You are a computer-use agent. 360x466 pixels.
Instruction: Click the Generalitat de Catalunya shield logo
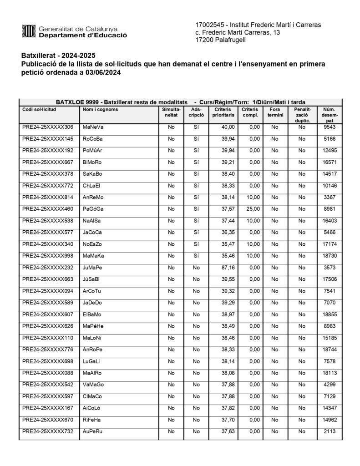click(x=29, y=31)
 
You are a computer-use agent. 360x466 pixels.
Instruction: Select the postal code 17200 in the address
click(x=204, y=40)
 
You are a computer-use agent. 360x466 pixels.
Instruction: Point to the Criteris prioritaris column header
click(x=223, y=112)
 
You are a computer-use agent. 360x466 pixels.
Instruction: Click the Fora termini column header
click(x=275, y=112)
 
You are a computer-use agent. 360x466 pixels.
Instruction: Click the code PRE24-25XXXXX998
click(x=48, y=256)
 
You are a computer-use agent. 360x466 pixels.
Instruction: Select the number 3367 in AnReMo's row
click(x=330, y=197)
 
